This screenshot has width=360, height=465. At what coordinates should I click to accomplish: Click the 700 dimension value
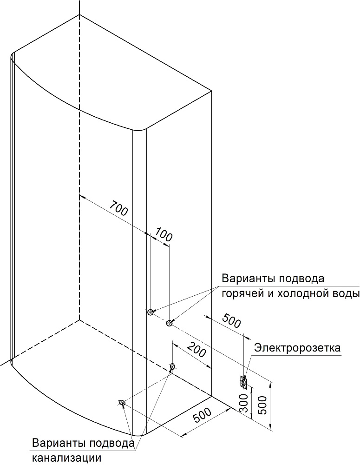coord(118,208)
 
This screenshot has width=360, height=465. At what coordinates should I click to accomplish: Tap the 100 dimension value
coord(163,233)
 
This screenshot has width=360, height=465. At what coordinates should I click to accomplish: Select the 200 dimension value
coord(197,349)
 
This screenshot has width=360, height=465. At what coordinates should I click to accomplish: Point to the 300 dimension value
coord(243,403)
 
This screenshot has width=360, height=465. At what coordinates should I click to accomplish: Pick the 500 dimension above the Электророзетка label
coord(231,320)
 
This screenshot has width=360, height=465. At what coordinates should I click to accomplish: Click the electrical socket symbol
coord(243,382)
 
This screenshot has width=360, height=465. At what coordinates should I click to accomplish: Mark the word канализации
coord(67,458)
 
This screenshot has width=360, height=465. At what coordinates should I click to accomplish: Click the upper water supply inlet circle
coord(150,312)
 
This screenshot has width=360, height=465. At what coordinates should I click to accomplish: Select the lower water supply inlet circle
coord(169,323)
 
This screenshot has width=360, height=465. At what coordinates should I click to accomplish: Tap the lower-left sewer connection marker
coord(122,402)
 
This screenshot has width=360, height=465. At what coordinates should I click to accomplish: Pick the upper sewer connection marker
coord(172,366)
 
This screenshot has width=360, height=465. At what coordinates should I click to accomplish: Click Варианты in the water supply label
coord(249,279)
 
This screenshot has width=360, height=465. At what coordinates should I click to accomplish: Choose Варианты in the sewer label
coord(59,443)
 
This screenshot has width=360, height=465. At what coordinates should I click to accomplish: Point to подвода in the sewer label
coord(111,444)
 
